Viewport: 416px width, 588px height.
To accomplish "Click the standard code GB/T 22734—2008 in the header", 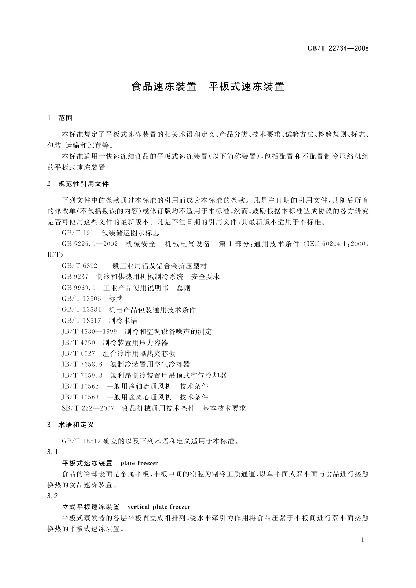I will (338, 48).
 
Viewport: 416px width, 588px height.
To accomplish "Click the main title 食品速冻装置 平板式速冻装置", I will (208, 87).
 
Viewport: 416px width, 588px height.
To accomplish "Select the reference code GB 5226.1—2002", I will (89, 244).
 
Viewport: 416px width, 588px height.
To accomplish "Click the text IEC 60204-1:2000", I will (336, 244).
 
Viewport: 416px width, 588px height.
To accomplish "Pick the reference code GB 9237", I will (75, 277).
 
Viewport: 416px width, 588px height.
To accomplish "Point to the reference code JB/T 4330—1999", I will (89, 331).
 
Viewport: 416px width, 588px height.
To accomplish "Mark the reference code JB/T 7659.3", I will (82, 375).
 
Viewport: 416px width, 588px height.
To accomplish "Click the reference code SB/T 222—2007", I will (88, 408).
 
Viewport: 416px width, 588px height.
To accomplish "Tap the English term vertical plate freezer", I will (159, 507).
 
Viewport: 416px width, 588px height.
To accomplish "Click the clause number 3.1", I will (52, 452).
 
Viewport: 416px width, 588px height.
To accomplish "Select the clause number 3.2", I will (52, 496).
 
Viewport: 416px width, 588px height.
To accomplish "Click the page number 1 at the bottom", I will (362, 539).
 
